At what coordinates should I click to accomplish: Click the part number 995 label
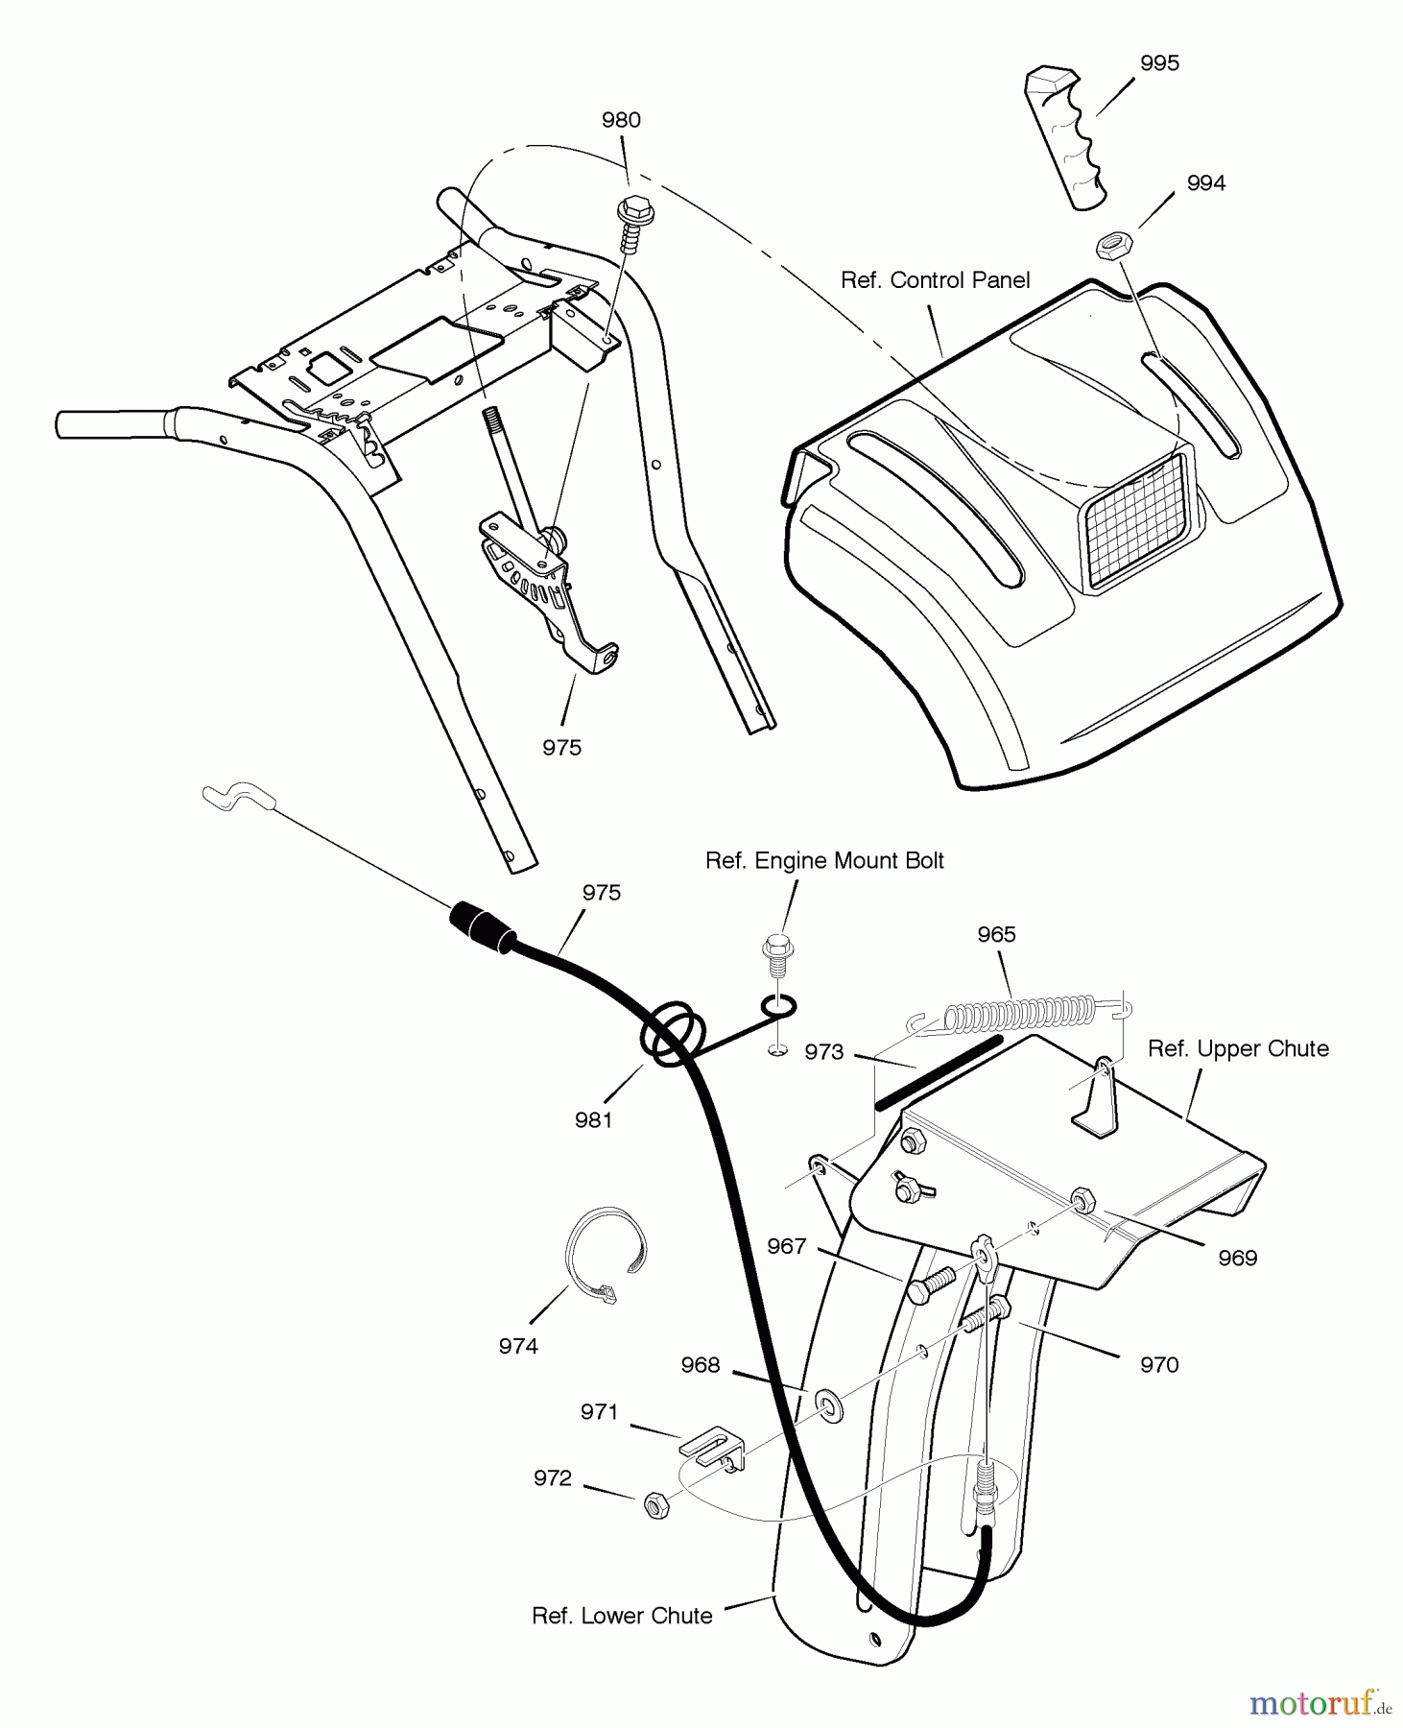(1159, 63)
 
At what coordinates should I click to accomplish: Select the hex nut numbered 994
(1113, 246)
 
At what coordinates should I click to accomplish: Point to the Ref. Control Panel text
(935, 280)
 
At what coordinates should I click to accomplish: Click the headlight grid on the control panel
(1136, 522)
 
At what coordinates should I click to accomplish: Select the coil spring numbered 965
(1022, 1012)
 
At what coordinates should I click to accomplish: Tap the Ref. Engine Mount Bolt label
(824, 861)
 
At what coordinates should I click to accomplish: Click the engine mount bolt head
(776, 948)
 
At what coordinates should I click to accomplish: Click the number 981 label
(593, 1119)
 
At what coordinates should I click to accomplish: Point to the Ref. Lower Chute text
(622, 1616)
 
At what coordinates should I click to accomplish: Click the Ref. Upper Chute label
(1238, 1049)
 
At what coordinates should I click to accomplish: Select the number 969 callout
(1237, 1258)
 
